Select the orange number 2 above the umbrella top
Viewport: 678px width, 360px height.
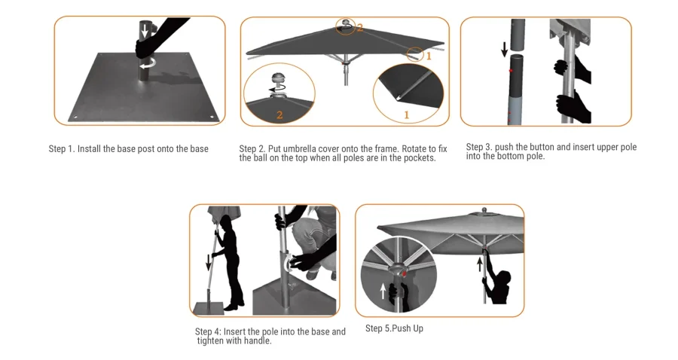point(360,28)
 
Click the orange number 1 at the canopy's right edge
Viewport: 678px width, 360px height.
point(429,56)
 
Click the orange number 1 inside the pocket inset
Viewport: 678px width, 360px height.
point(407,114)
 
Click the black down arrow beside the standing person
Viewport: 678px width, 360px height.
point(208,263)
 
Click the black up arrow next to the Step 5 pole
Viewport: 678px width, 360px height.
point(479,264)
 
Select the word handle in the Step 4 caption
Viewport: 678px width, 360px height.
point(255,340)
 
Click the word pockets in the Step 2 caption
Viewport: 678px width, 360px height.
point(418,158)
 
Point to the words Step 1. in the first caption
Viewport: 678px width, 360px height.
point(62,149)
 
